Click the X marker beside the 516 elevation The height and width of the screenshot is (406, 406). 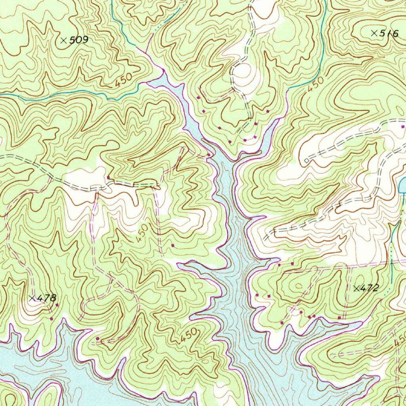point(373,33)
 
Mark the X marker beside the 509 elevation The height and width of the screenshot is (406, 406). point(63,40)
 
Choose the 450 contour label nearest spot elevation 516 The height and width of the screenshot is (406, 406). point(316,85)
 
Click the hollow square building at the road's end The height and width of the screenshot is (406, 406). point(306,160)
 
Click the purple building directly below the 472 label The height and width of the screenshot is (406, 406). point(339,318)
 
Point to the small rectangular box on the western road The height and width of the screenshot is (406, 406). point(95,187)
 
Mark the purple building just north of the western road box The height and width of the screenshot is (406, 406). point(108,177)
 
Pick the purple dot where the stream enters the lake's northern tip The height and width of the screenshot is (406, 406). point(163,71)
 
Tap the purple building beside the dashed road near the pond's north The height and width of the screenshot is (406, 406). point(403,127)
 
